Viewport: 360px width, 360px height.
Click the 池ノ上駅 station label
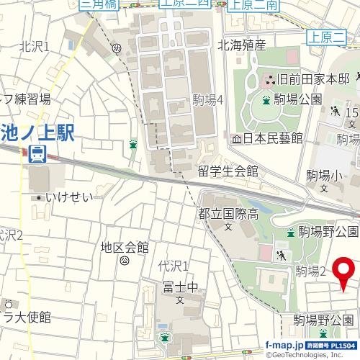coord(38,133)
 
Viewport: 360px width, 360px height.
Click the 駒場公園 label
coord(297,99)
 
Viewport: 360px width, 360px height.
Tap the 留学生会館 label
coord(228,171)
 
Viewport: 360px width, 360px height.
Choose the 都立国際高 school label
coord(228,214)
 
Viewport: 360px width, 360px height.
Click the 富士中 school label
coord(181,287)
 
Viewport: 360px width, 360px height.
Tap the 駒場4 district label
coord(209,100)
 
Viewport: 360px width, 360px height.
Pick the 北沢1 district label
coord(34,47)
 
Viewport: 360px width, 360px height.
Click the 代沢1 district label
coord(173,266)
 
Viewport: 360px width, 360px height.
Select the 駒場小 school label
coord(324,175)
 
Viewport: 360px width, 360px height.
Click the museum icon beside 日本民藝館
coord(236,138)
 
